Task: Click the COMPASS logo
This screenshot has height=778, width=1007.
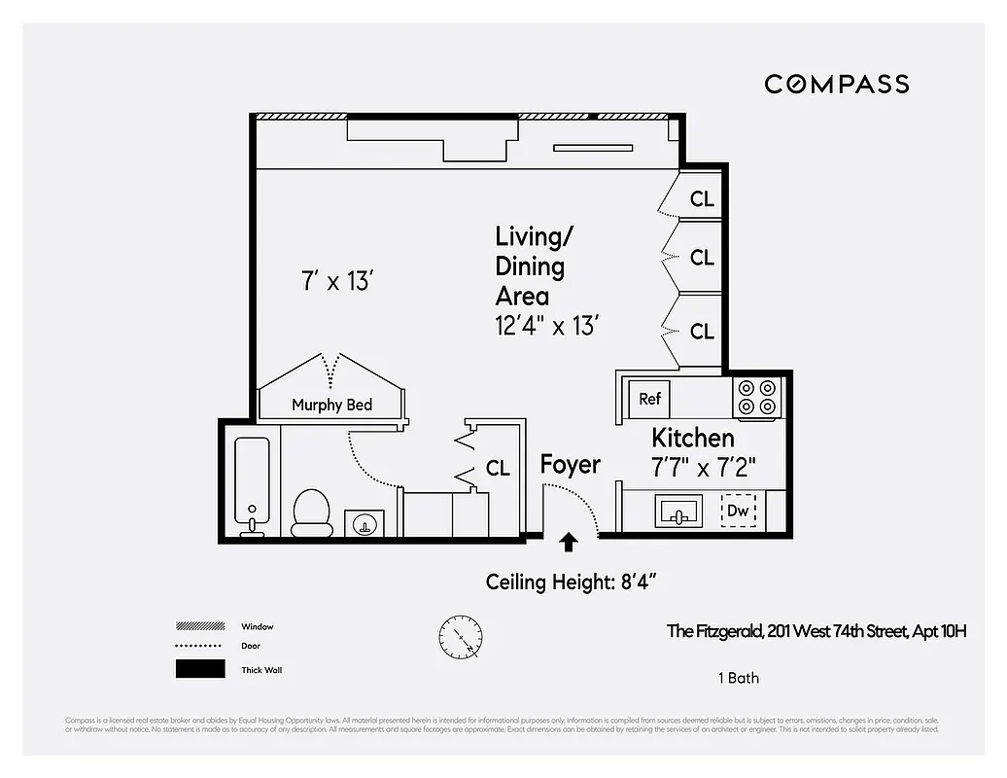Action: (x=836, y=84)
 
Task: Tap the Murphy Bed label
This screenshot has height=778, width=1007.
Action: (x=331, y=405)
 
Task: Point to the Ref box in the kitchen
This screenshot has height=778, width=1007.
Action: (x=649, y=399)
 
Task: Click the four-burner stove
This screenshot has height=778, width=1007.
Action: (x=758, y=396)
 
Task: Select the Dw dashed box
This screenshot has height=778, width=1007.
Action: (x=738, y=510)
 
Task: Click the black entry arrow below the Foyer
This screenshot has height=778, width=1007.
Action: (x=568, y=541)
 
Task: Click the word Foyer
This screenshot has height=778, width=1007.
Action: (x=570, y=465)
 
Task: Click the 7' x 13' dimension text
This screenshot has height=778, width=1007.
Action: (x=337, y=282)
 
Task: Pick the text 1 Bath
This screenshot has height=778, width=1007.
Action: (x=737, y=678)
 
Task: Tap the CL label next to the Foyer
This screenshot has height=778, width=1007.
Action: (x=498, y=469)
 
